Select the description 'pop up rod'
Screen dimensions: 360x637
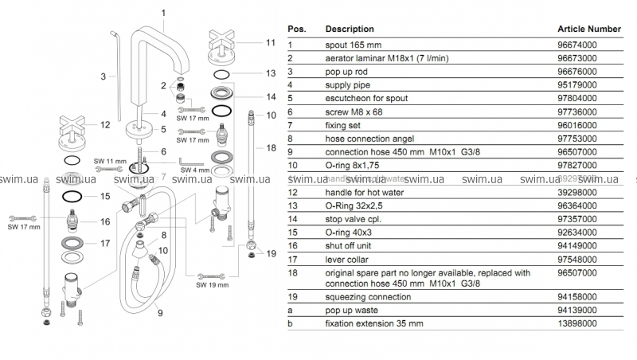coord(347,71)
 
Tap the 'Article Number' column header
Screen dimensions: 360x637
coord(588,29)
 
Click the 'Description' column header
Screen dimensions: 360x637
coord(350,29)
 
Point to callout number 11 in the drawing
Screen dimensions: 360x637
coord(270,42)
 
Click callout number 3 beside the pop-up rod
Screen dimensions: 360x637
coord(104,76)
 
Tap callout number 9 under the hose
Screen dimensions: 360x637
coord(159,313)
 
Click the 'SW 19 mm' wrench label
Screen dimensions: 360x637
coord(212,284)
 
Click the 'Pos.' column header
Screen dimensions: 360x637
coord(296,29)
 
